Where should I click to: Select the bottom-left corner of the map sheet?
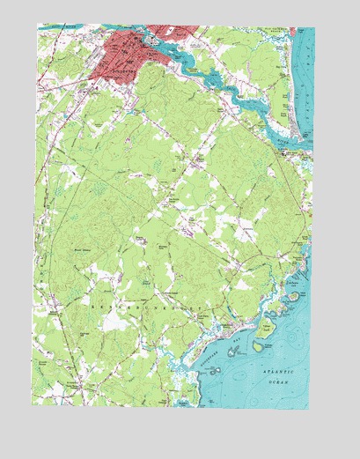[x=33, y=408]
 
